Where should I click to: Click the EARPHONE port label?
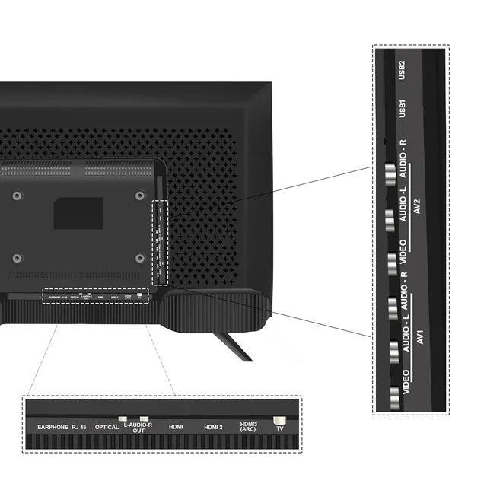coord(53,427)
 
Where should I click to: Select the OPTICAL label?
coord(107,427)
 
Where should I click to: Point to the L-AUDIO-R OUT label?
coord(138,427)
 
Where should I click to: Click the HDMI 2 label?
coord(213,427)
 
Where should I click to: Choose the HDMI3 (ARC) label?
coord(249,427)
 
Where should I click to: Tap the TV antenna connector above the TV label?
coord(279,419)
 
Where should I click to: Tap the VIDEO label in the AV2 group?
coord(403,252)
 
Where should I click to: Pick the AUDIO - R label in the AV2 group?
coord(403,154)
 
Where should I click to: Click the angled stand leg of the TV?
coord(233,345)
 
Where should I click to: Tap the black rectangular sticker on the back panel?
coord(78,213)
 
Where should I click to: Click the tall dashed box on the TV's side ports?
coord(160,242)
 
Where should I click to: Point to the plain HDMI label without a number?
coord(176,427)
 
